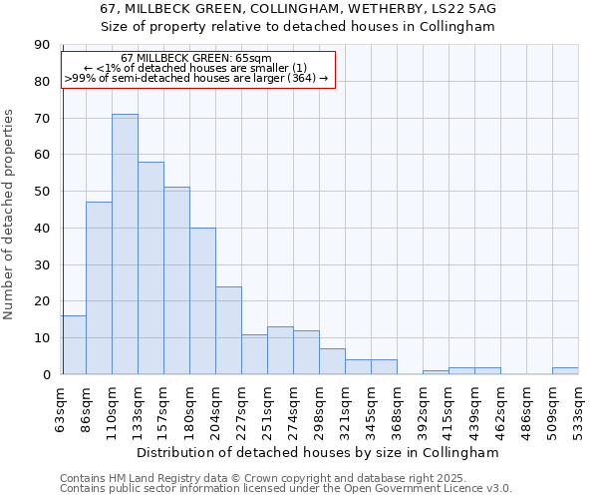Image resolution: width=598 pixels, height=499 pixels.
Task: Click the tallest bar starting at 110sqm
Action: pyautogui.click(x=125, y=245)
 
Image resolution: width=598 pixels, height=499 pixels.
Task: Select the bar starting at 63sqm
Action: pyautogui.click(x=73, y=345)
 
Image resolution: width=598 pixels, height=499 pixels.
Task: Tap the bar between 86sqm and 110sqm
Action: pyautogui.click(x=99, y=288)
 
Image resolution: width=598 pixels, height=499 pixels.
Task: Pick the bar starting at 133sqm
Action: pyautogui.click(x=150, y=268)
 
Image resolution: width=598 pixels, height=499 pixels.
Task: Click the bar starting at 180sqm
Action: pyautogui.click(x=202, y=301)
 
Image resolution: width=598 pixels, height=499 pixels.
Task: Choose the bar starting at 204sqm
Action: pyautogui.click(x=228, y=330)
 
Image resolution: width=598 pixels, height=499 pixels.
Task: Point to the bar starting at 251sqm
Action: pyautogui.click(x=280, y=350)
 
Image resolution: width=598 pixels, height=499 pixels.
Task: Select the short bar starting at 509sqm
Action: pyautogui.click(x=565, y=371)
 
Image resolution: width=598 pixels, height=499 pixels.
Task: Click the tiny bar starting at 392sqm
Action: pyautogui.click(x=436, y=372)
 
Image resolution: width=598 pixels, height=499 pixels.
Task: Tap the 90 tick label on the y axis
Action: pyautogui.click(x=42, y=45)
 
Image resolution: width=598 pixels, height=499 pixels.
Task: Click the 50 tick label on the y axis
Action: pyautogui.click(x=42, y=192)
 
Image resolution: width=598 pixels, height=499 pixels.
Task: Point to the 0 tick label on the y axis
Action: pyautogui.click(x=46, y=374)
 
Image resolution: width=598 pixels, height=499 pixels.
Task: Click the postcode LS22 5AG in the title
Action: pyautogui.click(x=461, y=9)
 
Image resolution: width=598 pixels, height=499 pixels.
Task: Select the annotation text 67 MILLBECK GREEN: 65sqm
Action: pyautogui.click(x=195, y=59)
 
